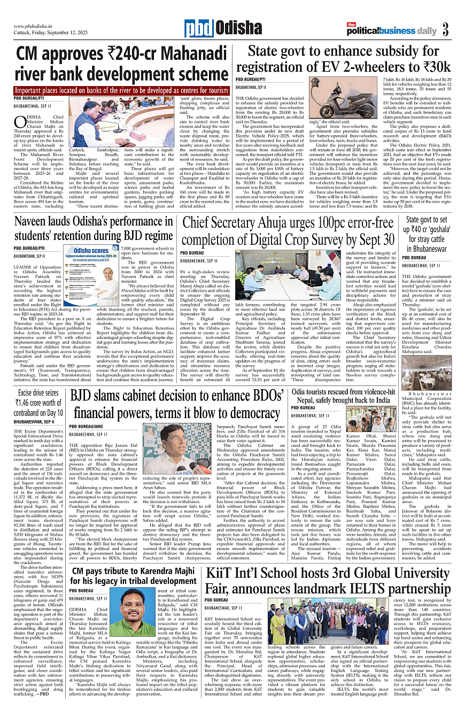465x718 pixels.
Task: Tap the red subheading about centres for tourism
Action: pos(122,90)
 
